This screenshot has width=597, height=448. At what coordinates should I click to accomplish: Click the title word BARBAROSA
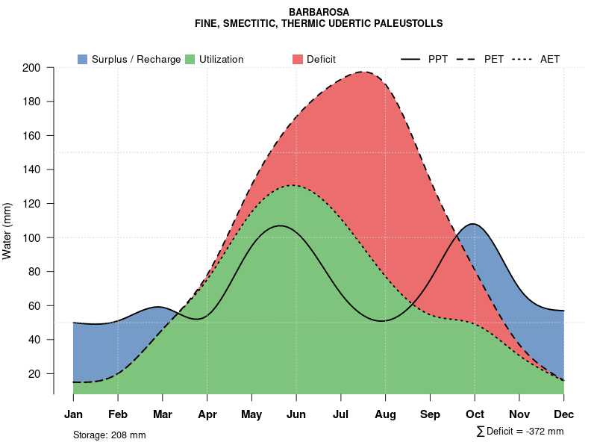point(319,12)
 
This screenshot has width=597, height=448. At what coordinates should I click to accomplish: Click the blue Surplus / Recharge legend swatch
point(82,59)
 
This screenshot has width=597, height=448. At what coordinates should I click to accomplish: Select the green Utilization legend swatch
point(190,59)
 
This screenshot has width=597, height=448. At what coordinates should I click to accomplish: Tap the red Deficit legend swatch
point(297,59)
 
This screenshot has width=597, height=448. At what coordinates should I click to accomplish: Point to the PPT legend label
point(438,59)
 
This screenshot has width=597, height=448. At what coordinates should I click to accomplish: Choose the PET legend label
point(494,59)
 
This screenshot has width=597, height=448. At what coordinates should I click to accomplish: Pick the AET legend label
point(550,59)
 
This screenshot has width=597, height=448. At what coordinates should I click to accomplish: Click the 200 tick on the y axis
point(41,68)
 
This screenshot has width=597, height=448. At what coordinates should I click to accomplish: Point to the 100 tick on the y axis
point(41,237)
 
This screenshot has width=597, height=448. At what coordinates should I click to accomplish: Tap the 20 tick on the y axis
point(44,373)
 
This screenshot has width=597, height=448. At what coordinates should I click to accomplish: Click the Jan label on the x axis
point(73,414)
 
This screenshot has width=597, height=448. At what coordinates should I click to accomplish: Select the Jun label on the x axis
point(296,414)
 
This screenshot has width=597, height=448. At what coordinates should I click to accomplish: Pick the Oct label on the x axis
point(475,414)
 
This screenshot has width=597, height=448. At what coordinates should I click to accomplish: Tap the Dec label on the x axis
point(564,414)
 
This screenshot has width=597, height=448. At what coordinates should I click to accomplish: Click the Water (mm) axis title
point(7,231)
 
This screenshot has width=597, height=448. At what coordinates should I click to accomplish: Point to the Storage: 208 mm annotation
point(109,435)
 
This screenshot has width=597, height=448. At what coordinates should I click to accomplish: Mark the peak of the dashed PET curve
point(363,72)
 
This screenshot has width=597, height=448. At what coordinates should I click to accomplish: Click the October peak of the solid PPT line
point(474,224)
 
